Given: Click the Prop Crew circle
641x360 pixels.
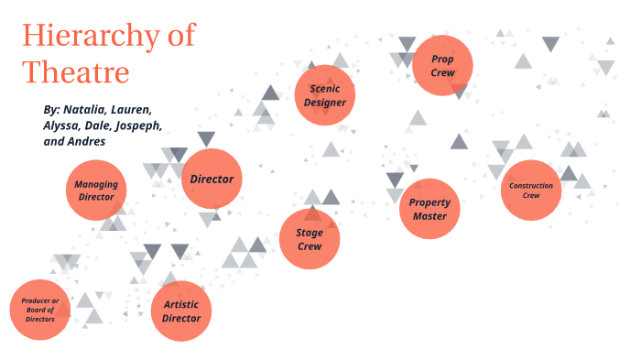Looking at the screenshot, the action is pos(442,65).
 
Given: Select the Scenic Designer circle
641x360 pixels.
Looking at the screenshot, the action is pos(326,95).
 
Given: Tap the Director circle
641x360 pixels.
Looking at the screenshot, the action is pos(212,179).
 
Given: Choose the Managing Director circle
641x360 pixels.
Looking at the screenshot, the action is pos(95,191).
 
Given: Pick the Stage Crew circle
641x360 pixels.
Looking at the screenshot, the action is pos(310,239).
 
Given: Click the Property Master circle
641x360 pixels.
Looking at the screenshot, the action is pos(429,209).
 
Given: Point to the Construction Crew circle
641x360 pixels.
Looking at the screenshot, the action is pos(531,190).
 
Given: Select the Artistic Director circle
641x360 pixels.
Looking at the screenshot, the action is pos(181,311).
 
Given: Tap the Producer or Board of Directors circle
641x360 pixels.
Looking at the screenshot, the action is pos(40,311).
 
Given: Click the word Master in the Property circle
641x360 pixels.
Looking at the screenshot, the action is pos(429,216).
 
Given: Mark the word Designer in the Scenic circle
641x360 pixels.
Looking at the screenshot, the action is pos(326,103).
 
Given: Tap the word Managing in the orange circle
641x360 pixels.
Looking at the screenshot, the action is pos(96,184).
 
